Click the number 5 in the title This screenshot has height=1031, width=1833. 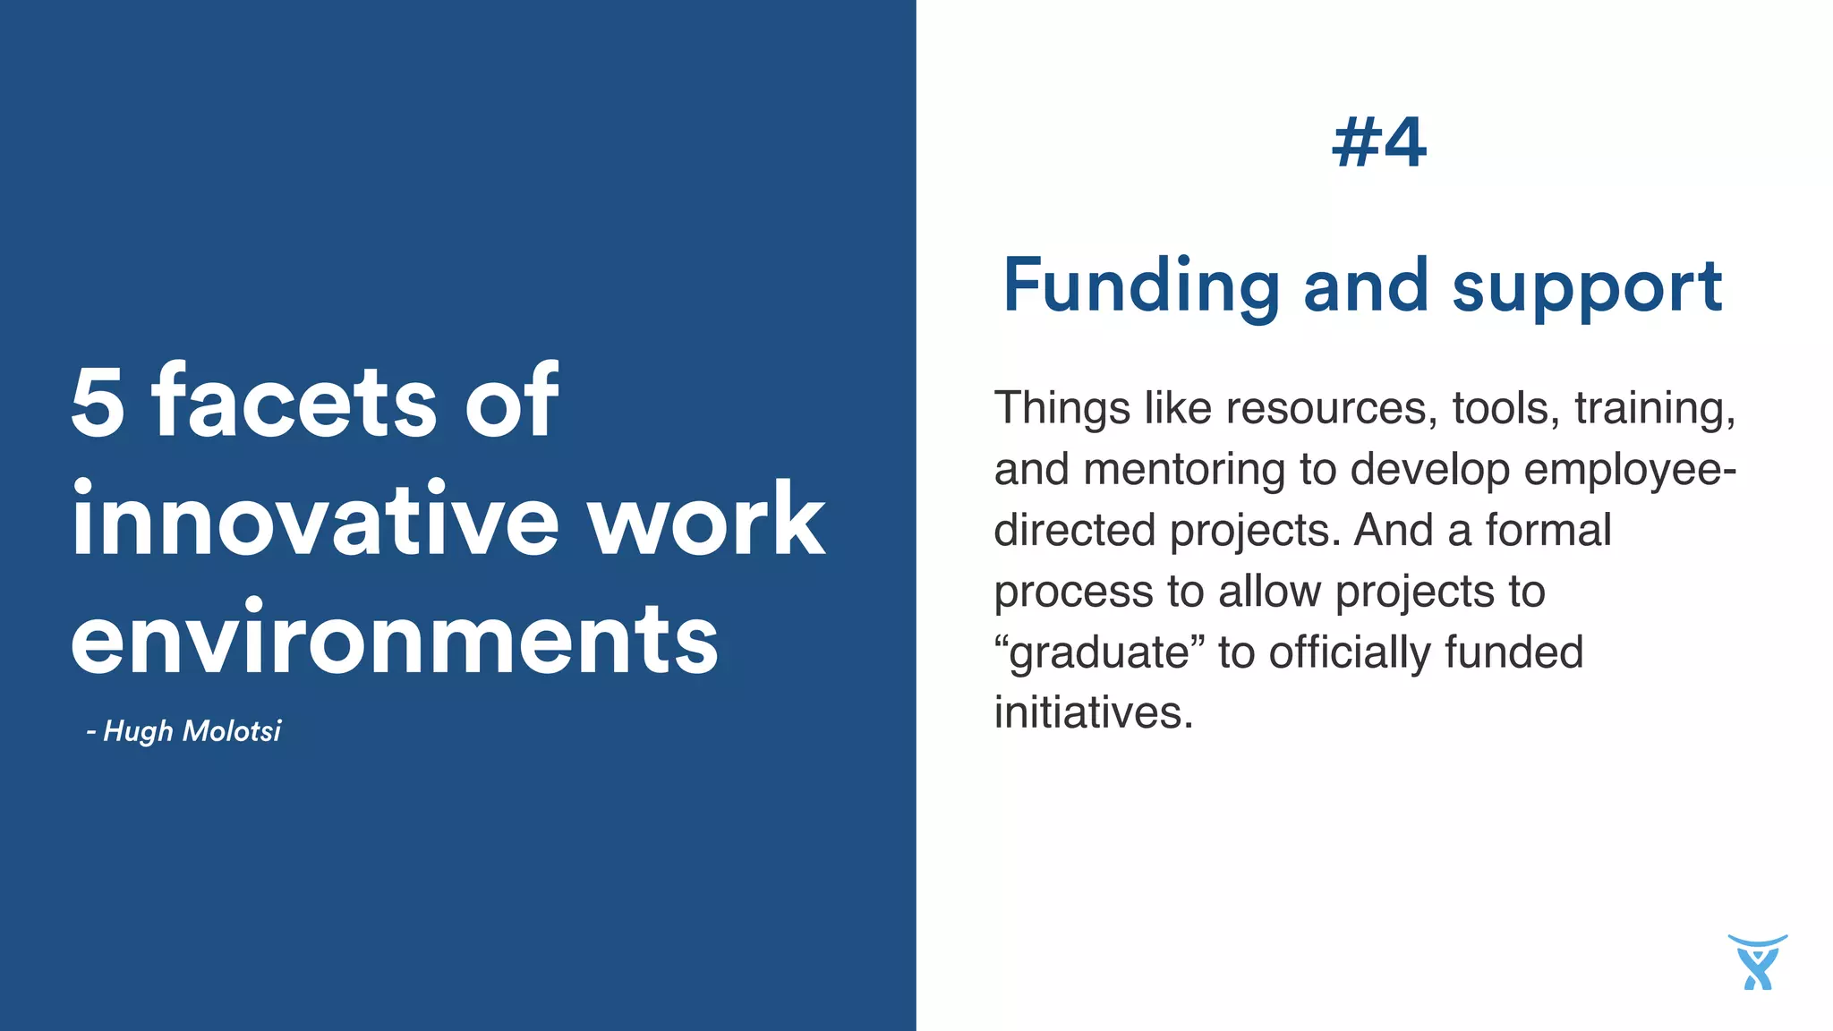pyautogui.click(x=98, y=403)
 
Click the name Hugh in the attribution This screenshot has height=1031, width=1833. pyautogui.click(x=138, y=731)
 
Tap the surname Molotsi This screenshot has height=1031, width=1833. pyautogui.click(x=231, y=731)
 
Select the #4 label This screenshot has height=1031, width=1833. pyautogui.click(x=1378, y=143)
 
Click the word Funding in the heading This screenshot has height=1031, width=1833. pyautogui.click(x=1141, y=286)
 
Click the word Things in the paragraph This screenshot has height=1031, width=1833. pyautogui.click(x=1061, y=409)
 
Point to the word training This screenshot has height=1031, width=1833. pyautogui.click(x=1655, y=409)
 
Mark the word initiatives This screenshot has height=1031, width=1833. pyautogui.click(x=1094, y=713)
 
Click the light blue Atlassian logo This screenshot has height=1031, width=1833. pyautogui.click(x=1757, y=962)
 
